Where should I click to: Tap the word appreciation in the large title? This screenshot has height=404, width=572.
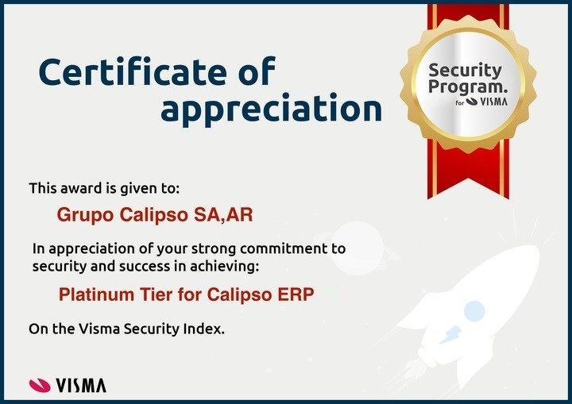pos(271,109)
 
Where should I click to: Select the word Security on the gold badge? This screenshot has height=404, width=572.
pos(465,71)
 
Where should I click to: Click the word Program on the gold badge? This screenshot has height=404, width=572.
pos(468,87)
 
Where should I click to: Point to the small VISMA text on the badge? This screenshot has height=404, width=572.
pos(493,102)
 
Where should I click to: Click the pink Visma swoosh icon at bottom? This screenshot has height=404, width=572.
pos(40,386)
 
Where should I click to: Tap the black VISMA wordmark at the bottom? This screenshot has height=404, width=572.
pos(81,386)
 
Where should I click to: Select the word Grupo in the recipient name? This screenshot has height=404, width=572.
pos(85,215)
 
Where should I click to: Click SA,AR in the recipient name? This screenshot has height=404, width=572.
pos(223,215)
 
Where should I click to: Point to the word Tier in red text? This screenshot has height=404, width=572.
pos(157,294)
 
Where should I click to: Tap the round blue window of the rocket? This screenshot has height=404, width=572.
pos(474,311)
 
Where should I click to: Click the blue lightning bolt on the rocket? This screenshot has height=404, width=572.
pos(450,335)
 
